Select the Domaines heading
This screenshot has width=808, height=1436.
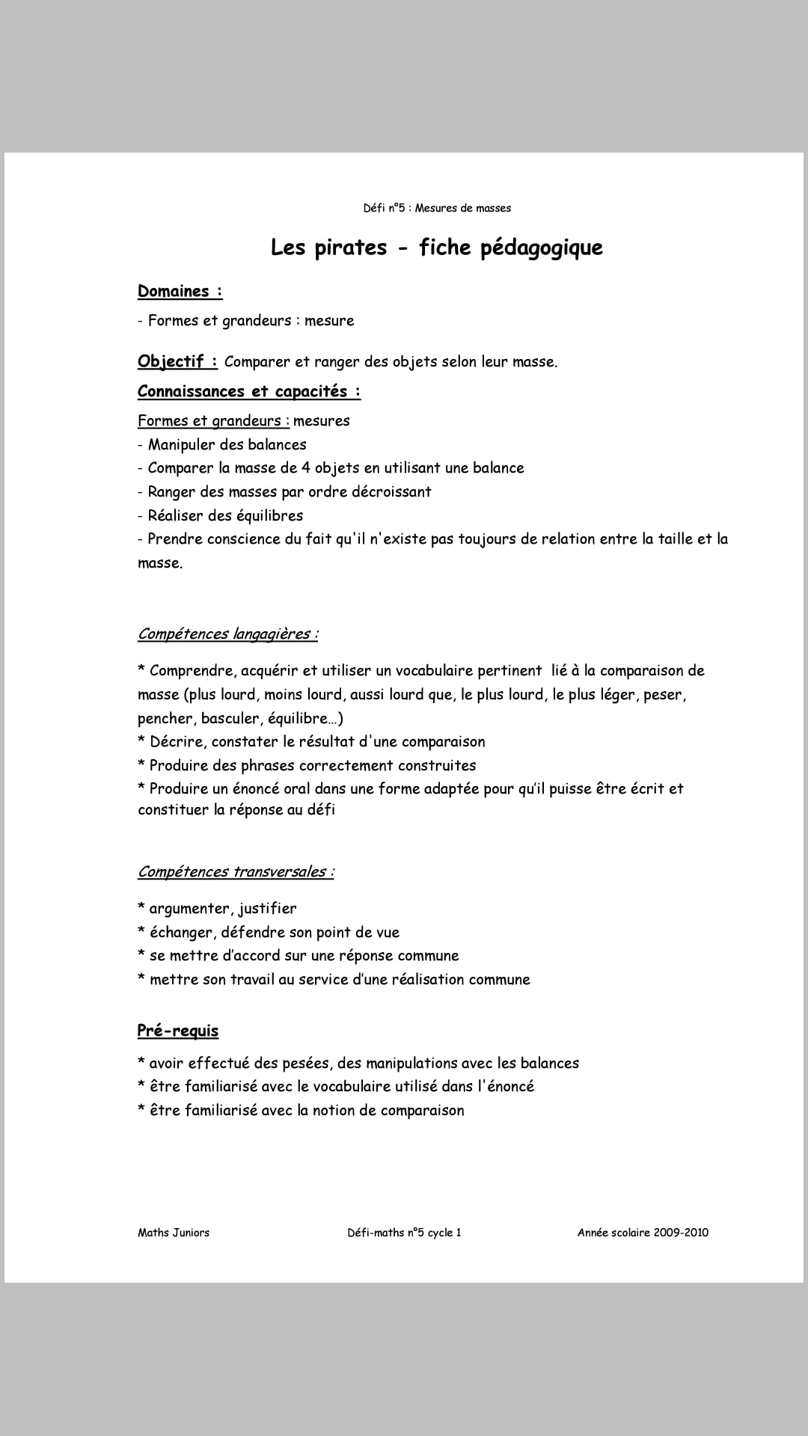click(x=180, y=291)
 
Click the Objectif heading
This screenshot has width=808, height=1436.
click(x=177, y=361)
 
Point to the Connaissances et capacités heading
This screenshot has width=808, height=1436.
click(x=248, y=391)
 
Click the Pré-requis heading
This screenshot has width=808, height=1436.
click(x=178, y=1031)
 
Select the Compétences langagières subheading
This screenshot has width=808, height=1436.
click(x=227, y=634)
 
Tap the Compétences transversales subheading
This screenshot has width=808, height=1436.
click(x=236, y=872)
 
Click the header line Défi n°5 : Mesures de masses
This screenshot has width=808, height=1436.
click(x=437, y=208)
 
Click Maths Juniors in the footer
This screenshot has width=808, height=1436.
click(x=174, y=1233)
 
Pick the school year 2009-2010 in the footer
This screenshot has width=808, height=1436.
click(x=680, y=1233)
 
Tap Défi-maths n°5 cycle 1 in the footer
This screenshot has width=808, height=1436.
click(x=404, y=1233)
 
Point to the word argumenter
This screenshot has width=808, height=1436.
click(x=190, y=909)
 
